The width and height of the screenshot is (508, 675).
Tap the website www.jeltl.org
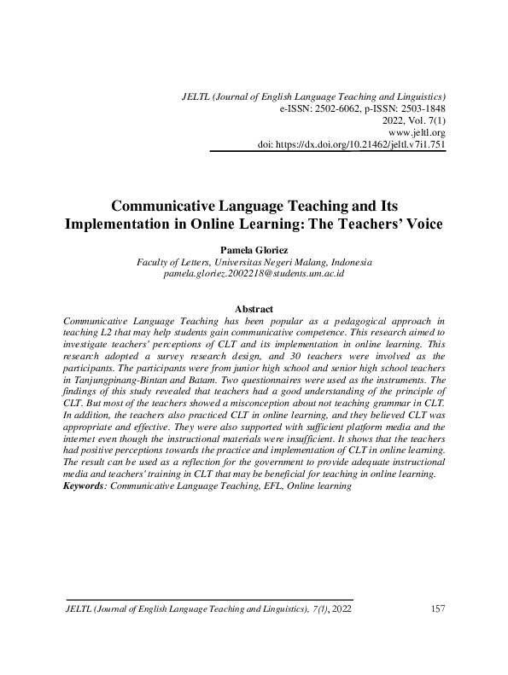(417, 133)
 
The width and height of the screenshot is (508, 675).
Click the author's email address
(254, 274)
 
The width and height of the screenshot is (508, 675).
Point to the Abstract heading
(254, 309)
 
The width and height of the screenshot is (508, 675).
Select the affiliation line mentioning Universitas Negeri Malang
(254, 262)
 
